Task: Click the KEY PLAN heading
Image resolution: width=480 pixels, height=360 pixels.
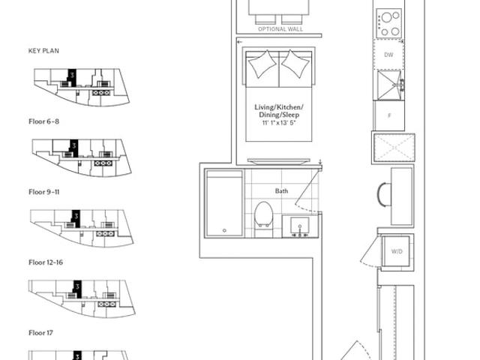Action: (x=43, y=51)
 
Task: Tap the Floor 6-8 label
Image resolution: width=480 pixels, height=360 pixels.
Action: (x=43, y=121)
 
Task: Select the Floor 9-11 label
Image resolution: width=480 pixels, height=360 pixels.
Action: (x=44, y=192)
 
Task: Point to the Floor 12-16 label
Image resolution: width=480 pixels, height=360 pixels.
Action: (x=46, y=262)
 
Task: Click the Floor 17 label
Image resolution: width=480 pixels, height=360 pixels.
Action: (x=40, y=333)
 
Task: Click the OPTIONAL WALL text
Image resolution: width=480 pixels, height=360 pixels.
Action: (x=280, y=29)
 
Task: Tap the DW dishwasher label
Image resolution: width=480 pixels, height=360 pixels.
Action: (x=388, y=55)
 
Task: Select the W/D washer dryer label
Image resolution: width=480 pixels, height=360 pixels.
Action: (x=397, y=252)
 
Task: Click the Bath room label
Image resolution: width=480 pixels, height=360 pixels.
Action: (x=281, y=191)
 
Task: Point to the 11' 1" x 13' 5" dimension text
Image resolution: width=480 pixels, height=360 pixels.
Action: (x=279, y=123)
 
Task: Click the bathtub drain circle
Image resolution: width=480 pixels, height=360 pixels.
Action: (x=224, y=230)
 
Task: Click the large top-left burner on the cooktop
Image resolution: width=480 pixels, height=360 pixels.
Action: (x=386, y=18)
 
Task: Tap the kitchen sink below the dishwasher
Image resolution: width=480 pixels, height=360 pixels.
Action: (x=388, y=85)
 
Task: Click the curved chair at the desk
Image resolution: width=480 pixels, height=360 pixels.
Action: (x=383, y=195)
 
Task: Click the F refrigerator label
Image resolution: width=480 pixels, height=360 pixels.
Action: (x=389, y=115)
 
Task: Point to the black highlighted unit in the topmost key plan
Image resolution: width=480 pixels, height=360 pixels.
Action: (x=72, y=77)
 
